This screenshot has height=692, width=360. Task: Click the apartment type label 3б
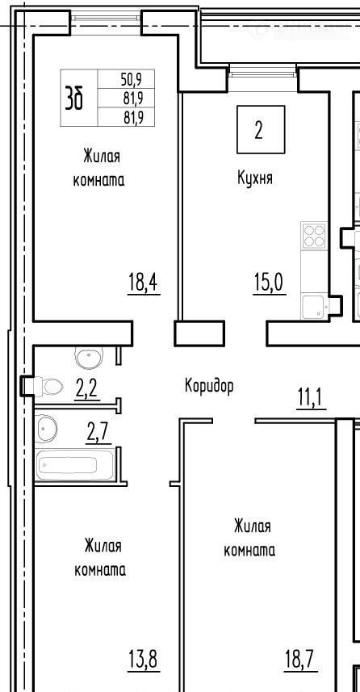coord(73,98)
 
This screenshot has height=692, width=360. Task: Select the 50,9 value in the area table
coord(131,79)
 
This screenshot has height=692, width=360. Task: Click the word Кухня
coord(254,178)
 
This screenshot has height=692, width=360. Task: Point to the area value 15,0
coord(270,283)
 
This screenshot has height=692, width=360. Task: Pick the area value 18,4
coord(144,283)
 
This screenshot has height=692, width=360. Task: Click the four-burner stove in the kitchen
coord(314,235)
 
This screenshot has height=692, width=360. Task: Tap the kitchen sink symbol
coord(314,306)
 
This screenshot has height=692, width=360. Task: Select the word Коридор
coord(209,387)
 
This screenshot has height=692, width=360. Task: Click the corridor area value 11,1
coord(311,399)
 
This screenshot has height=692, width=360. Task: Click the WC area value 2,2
coord(86,389)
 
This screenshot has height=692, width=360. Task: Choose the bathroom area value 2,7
coord(98,434)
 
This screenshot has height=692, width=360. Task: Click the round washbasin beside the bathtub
coord(47,429)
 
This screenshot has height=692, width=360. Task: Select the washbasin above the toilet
coord(89,357)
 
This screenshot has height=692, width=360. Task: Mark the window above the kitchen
coord(262,71)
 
